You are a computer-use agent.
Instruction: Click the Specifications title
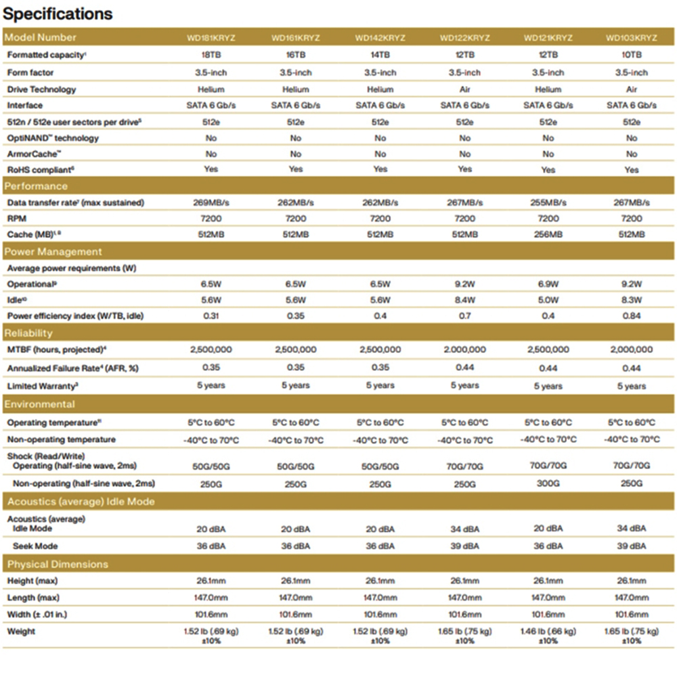59,14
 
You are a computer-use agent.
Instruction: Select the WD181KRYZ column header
211,38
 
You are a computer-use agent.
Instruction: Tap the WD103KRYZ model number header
631,38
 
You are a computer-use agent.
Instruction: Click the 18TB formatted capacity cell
211,55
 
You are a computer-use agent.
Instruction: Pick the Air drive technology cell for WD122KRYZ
464,89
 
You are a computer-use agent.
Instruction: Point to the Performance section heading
37,186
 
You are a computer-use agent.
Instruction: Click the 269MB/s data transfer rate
211,202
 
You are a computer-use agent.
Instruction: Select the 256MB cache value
548,235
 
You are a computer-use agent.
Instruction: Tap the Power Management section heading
53,252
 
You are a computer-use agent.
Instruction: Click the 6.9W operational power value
548,284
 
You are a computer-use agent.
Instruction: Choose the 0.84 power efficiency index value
631,316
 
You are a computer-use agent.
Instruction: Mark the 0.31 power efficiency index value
211,316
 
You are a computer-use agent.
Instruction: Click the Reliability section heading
28,333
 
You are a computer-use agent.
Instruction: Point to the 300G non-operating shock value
548,484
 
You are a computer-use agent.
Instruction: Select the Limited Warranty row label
41,386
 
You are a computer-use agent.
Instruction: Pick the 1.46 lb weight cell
548,634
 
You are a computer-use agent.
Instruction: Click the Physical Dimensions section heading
58,564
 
